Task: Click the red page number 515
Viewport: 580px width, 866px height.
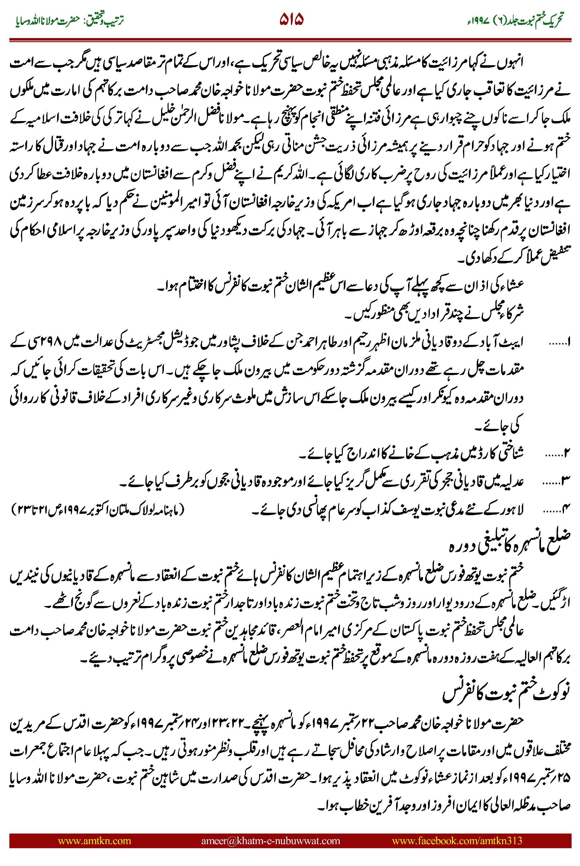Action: (x=291, y=19)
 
